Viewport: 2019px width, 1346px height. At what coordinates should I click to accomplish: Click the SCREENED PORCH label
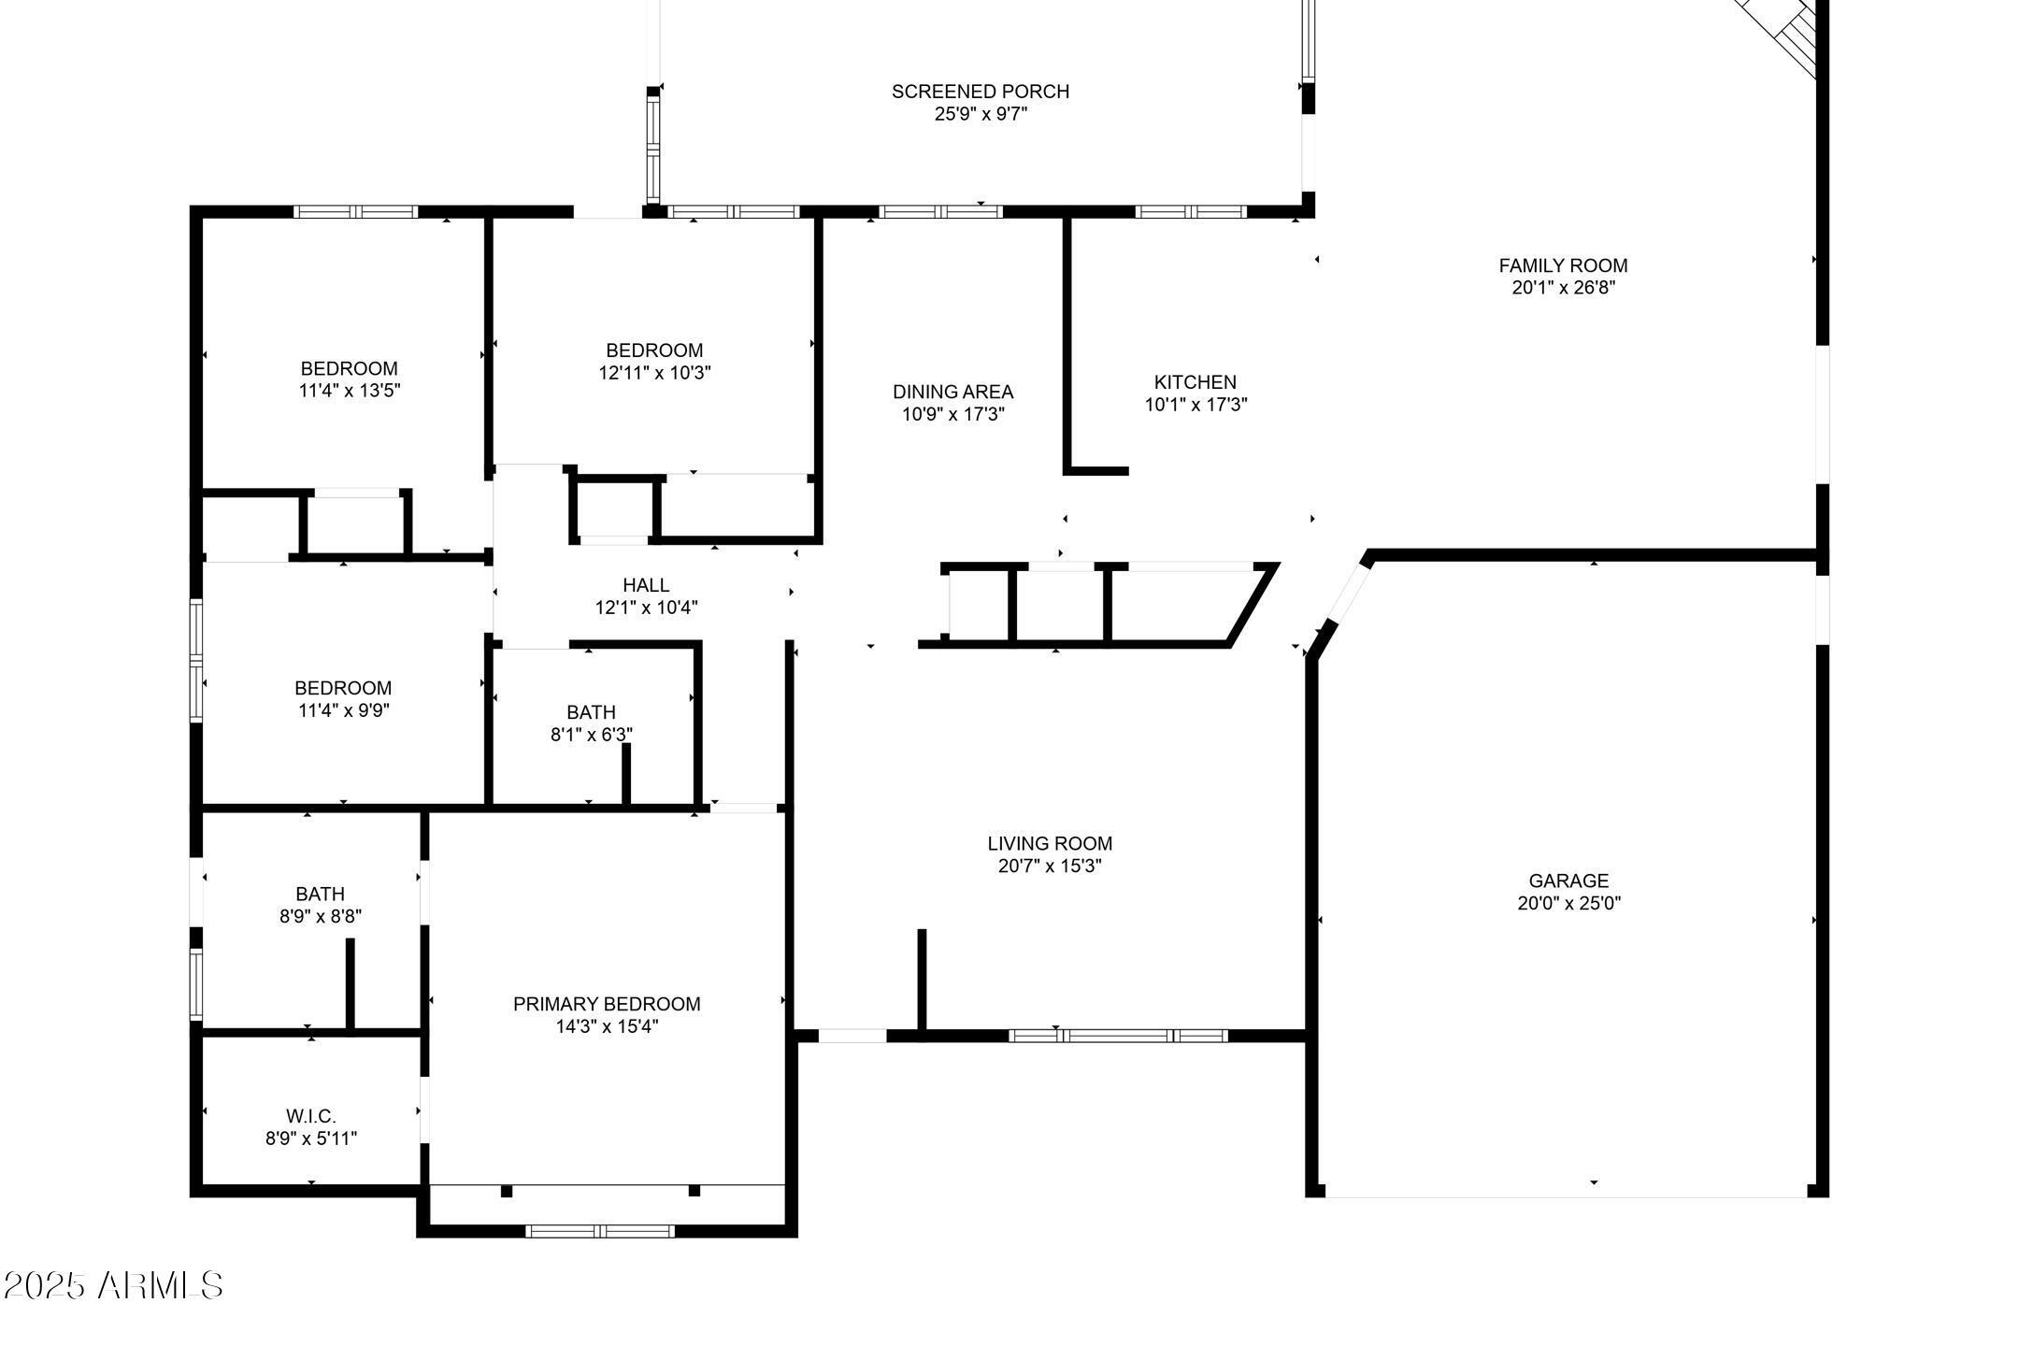(x=980, y=92)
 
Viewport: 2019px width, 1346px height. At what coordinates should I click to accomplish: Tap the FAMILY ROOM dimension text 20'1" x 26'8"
(x=1563, y=288)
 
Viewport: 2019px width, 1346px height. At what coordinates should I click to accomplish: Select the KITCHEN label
(x=1195, y=382)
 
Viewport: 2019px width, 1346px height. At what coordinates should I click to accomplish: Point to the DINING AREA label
(x=952, y=392)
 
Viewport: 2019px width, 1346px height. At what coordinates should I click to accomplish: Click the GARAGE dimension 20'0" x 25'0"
(x=1568, y=904)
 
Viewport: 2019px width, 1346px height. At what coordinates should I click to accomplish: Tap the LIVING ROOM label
(x=1050, y=843)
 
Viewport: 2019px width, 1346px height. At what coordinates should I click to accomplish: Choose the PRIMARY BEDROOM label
(x=607, y=1004)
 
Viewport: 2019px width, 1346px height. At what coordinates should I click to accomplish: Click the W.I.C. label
(x=311, y=1116)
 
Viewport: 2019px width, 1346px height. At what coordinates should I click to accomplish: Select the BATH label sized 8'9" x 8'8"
(x=320, y=895)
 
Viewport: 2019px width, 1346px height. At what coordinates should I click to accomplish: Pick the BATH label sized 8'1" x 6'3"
(x=591, y=712)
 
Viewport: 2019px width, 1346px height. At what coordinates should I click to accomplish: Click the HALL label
(x=646, y=585)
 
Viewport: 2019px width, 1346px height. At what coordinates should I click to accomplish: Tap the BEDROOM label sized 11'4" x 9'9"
(x=343, y=688)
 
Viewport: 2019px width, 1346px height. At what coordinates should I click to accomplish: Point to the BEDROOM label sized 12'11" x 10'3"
(x=654, y=351)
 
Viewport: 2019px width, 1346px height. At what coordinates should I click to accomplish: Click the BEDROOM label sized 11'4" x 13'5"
(x=349, y=368)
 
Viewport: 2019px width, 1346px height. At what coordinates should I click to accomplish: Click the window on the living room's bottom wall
(x=1118, y=1036)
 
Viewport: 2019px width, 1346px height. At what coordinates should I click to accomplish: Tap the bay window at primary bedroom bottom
(x=600, y=1231)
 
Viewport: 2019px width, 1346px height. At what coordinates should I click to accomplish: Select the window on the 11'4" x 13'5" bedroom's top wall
(x=355, y=212)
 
